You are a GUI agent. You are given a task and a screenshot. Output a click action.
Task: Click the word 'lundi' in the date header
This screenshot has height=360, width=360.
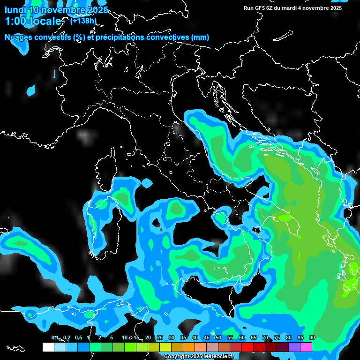[15, 9]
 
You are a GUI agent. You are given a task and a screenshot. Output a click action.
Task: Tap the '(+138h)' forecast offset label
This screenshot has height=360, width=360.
[83, 21]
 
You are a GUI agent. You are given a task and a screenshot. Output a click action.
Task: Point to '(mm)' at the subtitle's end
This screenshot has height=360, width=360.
[199, 37]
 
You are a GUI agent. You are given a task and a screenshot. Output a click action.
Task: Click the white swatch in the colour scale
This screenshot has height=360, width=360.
[48, 347]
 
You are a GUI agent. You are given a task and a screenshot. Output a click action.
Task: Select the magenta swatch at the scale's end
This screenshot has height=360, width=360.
[306, 347]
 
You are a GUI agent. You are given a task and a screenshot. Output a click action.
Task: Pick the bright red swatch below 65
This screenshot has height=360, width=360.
[247, 347]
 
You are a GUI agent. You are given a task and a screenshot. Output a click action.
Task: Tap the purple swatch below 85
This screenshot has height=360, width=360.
[294, 347]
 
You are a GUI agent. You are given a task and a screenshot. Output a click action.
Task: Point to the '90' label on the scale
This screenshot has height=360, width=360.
[312, 337]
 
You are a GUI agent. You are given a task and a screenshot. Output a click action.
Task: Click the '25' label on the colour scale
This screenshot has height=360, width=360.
[159, 337]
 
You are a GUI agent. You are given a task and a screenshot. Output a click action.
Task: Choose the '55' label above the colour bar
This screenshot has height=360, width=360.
[230, 337]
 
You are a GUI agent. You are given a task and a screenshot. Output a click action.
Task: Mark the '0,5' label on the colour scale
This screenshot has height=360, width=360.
[78, 337]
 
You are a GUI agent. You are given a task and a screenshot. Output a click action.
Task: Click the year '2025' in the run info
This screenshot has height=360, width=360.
[336, 8]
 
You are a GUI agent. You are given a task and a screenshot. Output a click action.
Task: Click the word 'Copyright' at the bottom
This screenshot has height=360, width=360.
[176, 356]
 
